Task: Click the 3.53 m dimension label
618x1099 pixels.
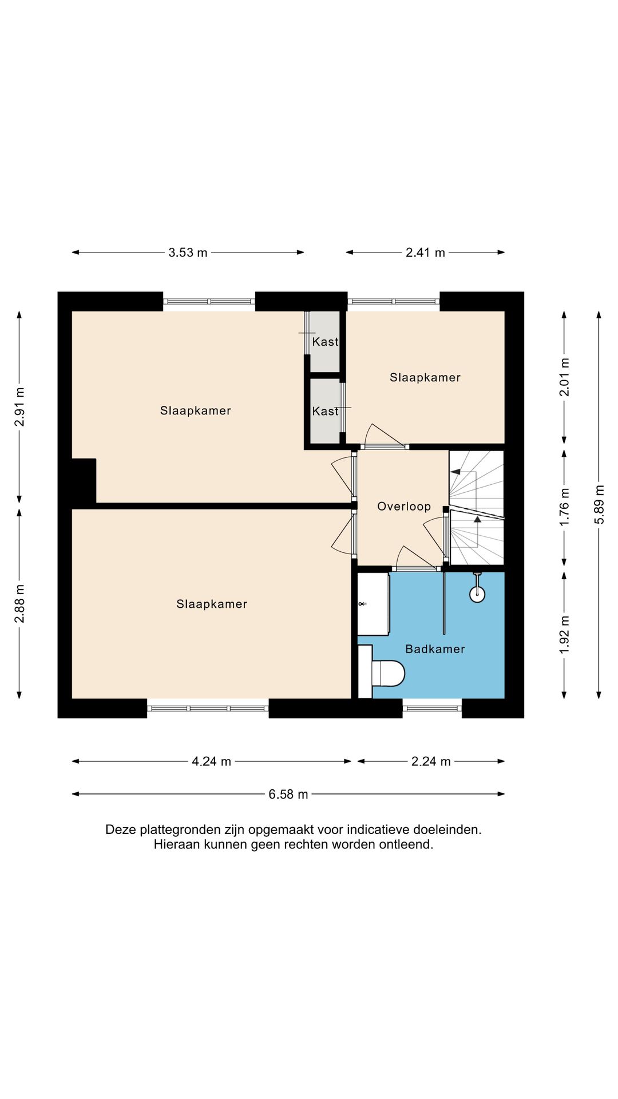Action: (x=188, y=252)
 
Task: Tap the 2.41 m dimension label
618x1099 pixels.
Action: (x=425, y=252)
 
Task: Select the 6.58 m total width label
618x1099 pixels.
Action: (x=288, y=794)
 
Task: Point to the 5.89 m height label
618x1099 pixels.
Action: (x=599, y=504)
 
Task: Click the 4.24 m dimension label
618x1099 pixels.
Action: (x=211, y=761)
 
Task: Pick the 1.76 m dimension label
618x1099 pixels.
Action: (x=565, y=507)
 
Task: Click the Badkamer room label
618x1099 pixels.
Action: (x=435, y=649)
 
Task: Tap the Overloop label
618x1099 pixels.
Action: (x=404, y=507)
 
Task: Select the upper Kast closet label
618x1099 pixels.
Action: (x=326, y=342)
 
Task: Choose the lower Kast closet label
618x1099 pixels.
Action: (x=326, y=412)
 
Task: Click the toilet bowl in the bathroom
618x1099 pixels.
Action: (x=389, y=673)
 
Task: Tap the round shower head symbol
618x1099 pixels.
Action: (x=477, y=594)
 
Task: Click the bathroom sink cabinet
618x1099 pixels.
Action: (x=373, y=604)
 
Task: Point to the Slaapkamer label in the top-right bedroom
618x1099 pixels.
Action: (x=425, y=378)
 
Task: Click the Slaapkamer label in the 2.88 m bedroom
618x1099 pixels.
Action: (x=212, y=604)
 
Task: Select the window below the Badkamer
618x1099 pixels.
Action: (x=432, y=708)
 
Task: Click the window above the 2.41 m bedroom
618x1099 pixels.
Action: (x=394, y=301)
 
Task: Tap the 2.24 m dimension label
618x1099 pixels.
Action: (x=431, y=761)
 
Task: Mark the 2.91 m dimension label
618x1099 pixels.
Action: (x=20, y=407)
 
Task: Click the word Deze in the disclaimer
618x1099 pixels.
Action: (x=121, y=829)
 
